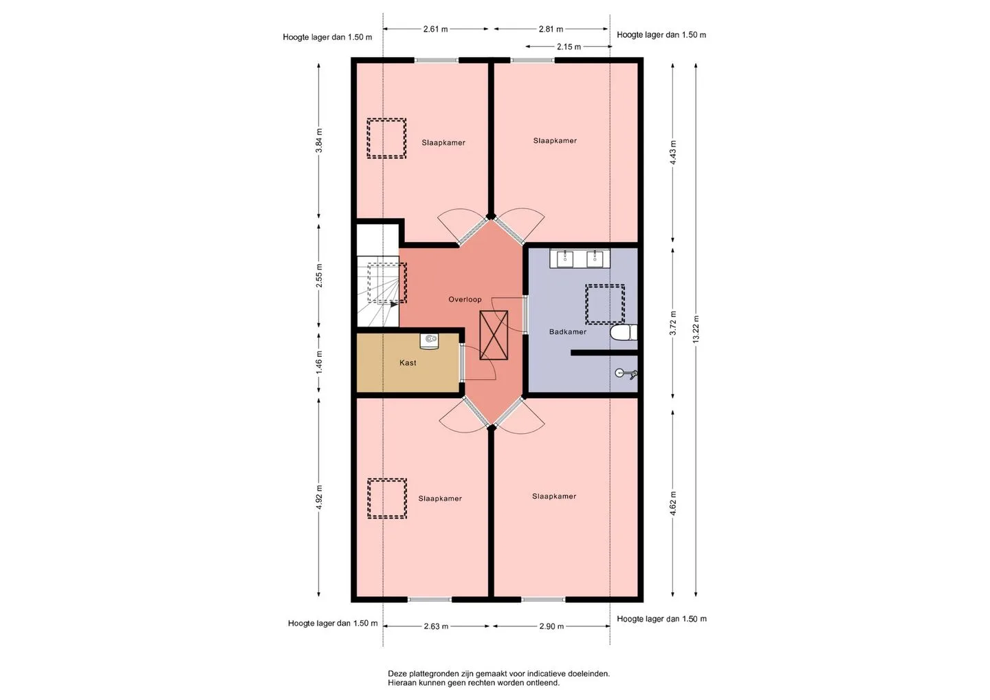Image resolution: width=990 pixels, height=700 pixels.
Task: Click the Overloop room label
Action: [465, 299]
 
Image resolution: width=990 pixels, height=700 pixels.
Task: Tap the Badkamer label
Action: [568, 331]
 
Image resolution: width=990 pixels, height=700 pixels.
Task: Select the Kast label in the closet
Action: [408, 363]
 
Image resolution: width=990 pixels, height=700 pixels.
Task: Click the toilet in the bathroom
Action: [624, 332]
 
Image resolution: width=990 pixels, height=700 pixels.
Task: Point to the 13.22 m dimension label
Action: [696, 329]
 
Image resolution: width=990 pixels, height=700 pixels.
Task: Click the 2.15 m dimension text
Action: [569, 47]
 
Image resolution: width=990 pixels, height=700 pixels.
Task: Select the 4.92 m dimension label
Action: [319, 497]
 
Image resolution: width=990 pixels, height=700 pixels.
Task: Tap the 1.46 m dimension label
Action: [319, 362]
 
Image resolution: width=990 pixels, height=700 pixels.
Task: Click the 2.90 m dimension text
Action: [551, 626]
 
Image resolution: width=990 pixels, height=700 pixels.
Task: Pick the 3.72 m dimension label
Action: [672, 323]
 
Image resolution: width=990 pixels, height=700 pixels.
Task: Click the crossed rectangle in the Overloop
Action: [494, 335]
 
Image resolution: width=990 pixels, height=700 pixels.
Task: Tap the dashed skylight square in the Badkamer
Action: [605, 304]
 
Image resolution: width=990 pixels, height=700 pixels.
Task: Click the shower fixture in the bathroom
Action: [626, 374]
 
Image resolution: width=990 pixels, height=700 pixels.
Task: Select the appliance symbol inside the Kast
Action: [429, 340]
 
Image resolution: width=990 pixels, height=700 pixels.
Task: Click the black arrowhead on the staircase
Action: [394, 304]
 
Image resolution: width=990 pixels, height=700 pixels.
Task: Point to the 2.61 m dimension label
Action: [435, 29]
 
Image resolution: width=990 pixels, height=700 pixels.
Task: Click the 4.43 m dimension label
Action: [672, 153]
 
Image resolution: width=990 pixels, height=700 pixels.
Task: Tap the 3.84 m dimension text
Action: [319, 140]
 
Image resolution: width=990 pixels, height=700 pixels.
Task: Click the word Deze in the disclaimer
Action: [397, 673]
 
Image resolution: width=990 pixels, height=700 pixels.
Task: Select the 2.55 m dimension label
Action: [319, 275]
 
